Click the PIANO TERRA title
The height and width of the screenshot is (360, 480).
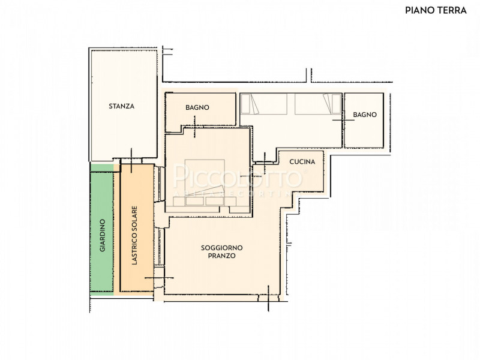(x=436, y=10)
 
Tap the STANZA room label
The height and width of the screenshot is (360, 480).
(x=122, y=106)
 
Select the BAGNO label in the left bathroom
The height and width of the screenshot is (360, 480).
(x=197, y=107)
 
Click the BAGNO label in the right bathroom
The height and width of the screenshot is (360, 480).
(x=365, y=115)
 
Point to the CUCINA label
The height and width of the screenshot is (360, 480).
(x=302, y=161)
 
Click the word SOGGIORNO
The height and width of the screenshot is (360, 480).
(x=221, y=248)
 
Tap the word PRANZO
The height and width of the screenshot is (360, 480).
(x=221, y=256)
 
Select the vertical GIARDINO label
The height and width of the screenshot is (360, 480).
(x=102, y=235)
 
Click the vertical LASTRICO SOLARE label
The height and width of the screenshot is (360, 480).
(x=134, y=235)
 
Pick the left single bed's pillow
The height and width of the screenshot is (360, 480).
(x=245, y=104)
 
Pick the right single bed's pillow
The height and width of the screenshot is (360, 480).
(x=336, y=104)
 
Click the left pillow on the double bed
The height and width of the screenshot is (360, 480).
(x=194, y=201)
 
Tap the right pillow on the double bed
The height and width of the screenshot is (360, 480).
(x=215, y=201)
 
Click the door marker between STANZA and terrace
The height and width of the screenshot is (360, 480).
(x=131, y=160)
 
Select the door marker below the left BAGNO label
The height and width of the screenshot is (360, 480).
(x=194, y=126)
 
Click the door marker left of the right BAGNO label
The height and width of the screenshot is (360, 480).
(x=343, y=120)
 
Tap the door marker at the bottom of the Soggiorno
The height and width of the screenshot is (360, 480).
(x=268, y=298)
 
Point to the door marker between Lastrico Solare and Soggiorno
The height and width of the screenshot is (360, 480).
(x=159, y=278)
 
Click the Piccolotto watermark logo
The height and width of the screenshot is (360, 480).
(x=238, y=177)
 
